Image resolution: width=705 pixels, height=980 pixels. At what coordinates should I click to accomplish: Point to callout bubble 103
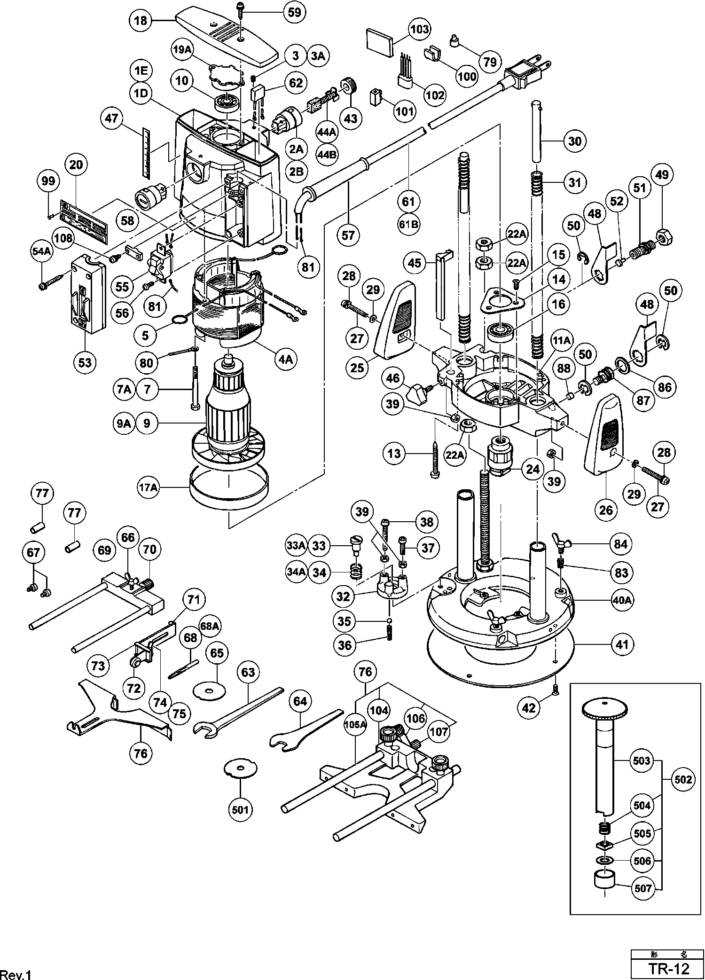click(x=419, y=29)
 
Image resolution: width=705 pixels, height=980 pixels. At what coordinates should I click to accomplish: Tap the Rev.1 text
click(x=16, y=974)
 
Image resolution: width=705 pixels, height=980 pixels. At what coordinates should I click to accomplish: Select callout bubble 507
click(x=643, y=888)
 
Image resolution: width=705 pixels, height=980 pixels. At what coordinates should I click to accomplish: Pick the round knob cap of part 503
click(x=605, y=708)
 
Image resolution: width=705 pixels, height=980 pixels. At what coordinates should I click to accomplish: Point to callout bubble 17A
click(x=148, y=487)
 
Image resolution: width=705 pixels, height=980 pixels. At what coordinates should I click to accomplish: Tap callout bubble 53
click(x=85, y=362)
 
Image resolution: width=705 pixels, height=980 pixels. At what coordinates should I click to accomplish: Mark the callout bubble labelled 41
click(x=622, y=644)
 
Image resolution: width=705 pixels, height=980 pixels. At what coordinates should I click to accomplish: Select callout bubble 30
click(x=575, y=141)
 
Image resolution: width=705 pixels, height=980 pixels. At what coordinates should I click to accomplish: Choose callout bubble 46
click(x=393, y=378)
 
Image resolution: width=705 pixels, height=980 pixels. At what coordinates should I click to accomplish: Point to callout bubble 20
click(x=76, y=165)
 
